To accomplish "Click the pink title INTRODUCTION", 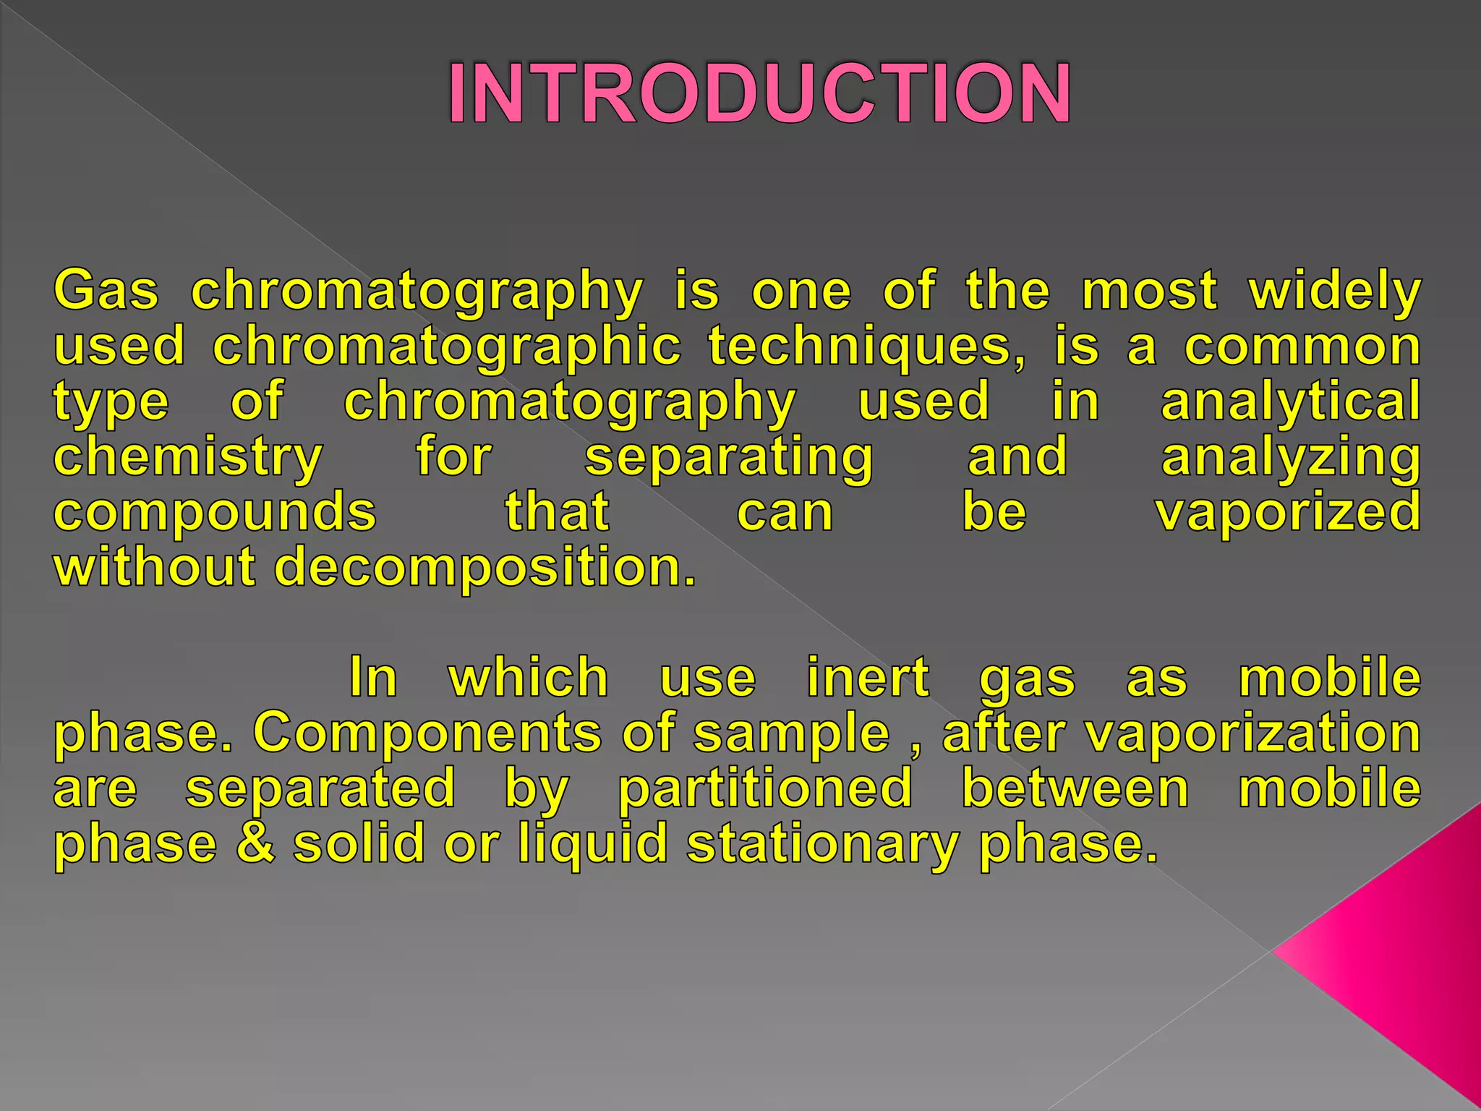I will coord(759,94).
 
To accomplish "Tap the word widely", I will coord(1335,291).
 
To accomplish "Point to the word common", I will coord(1302,347).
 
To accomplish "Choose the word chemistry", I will coord(188,458).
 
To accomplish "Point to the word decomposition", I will coord(485,566).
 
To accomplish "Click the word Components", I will coord(427,733).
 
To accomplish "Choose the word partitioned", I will coord(765,788).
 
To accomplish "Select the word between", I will coord(1075,788).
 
